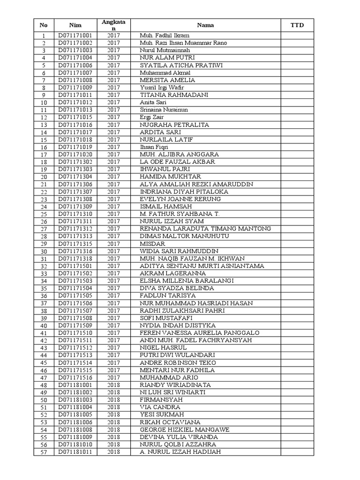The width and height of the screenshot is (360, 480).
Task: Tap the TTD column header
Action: [297, 25]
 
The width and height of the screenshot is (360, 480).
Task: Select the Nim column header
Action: [75, 25]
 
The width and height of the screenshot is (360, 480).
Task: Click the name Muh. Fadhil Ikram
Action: [161, 36]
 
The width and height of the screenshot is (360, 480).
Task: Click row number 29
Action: [44, 244]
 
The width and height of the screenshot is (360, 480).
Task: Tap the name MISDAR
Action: [152, 244]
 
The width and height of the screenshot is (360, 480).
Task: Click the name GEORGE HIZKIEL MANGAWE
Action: [184, 429]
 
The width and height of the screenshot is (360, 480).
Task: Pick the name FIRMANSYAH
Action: [161, 400]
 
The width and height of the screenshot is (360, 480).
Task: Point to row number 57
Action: [44, 452]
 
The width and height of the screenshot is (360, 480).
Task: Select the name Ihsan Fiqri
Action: [154, 147]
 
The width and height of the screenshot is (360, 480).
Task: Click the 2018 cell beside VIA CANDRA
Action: [113, 407]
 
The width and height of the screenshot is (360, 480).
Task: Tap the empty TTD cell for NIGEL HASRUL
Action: [297, 348]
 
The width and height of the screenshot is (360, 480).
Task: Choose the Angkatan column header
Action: [113, 25]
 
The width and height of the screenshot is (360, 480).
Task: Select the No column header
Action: [44, 25]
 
